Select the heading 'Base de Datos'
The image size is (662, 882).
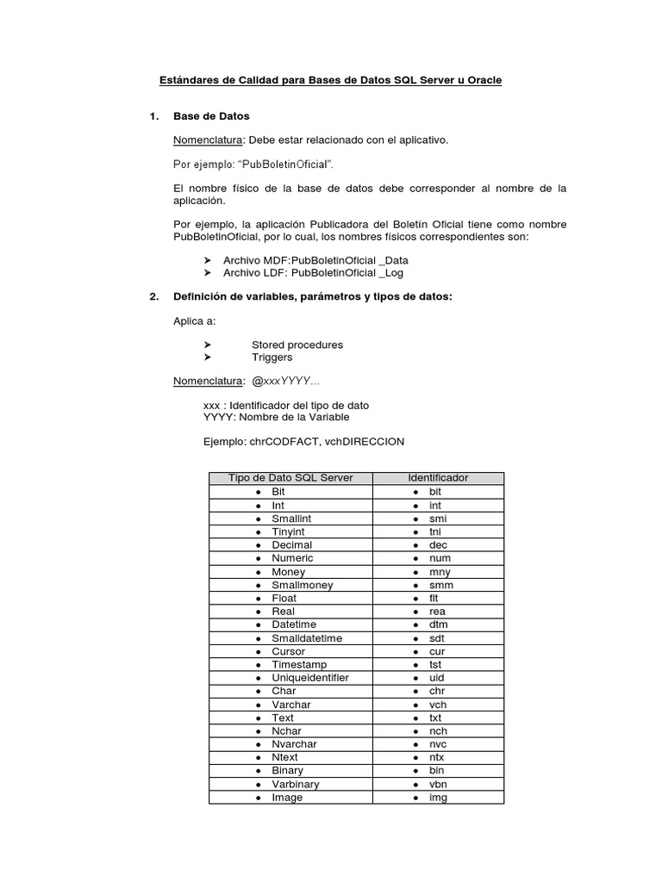[x=211, y=115]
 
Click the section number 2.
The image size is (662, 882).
[x=153, y=297]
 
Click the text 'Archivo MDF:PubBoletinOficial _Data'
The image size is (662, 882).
[x=315, y=259]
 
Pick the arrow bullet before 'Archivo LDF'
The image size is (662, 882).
[x=208, y=272]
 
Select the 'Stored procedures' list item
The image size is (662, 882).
[x=297, y=345]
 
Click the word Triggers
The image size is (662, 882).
[x=272, y=357]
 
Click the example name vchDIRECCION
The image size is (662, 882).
[x=367, y=441]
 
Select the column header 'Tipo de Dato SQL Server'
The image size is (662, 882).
[x=290, y=478]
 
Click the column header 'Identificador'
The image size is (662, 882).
[x=438, y=478]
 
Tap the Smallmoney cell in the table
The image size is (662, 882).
[x=302, y=585]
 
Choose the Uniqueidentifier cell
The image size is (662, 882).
[x=309, y=678]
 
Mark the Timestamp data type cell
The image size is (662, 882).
[x=299, y=665]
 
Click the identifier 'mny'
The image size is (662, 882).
[x=440, y=572]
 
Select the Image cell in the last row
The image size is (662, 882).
[x=287, y=798]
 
